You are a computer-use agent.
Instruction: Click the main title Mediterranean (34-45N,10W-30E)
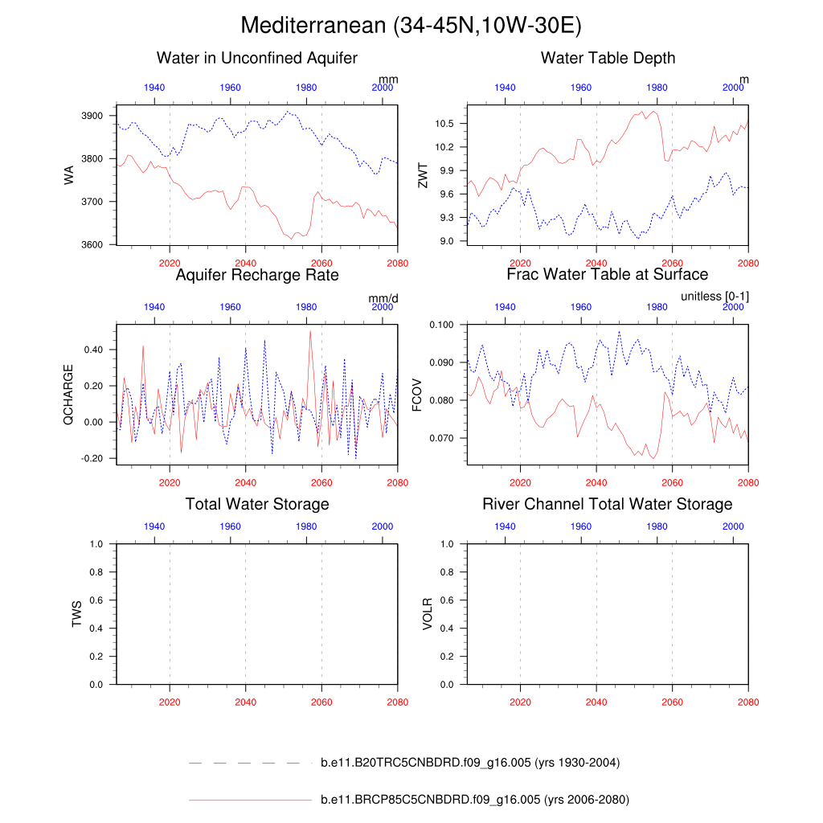[411, 26]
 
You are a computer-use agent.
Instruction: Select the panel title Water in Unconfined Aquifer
[257, 58]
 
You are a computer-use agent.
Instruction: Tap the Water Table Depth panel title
[608, 58]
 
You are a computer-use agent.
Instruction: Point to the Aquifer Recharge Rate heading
[257, 275]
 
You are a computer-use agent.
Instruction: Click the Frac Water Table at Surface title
[608, 275]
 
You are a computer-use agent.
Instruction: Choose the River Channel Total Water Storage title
[608, 504]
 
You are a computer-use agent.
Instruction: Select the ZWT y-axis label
[424, 174]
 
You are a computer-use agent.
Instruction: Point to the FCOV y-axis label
[417, 394]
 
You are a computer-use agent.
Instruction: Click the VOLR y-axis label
[428, 613]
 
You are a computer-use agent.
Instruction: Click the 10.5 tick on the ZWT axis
[444, 123]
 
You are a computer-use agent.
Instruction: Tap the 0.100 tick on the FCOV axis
[441, 325]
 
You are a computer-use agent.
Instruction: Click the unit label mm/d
[383, 298]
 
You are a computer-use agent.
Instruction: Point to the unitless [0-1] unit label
[714, 297]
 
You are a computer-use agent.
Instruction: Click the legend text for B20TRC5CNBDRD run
[469, 763]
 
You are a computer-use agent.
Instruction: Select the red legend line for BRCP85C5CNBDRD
[249, 800]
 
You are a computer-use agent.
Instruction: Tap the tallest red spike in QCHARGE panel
[310, 331]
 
